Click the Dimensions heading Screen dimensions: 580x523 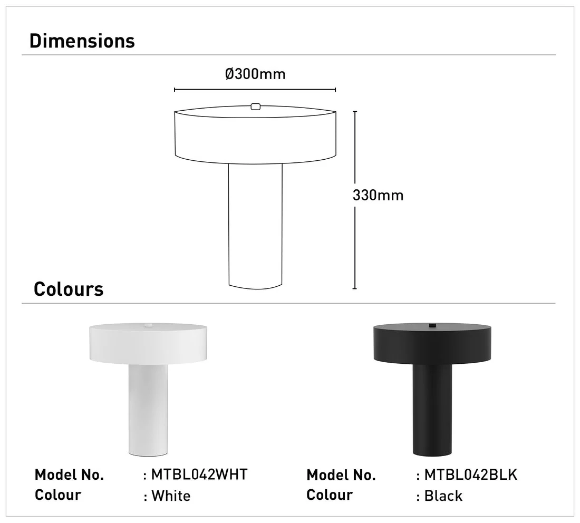point(82,41)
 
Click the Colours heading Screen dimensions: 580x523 point(69,289)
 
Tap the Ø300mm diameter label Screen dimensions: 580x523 point(255,74)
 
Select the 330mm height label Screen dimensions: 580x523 point(378,195)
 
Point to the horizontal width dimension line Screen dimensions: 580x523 point(255,90)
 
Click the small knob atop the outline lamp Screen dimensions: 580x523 point(255,107)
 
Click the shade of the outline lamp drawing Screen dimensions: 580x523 point(255,135)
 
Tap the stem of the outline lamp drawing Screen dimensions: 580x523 point(255,226)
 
